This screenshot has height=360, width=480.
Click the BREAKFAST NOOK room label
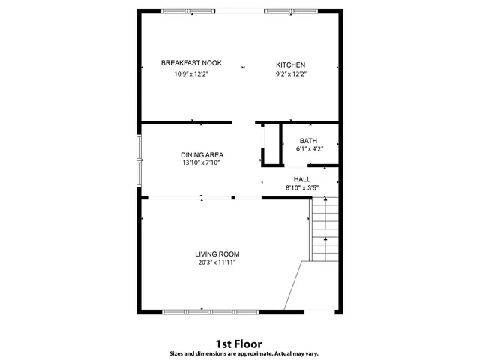tap(190, 63)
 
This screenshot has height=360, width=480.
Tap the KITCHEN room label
tap(291, 64)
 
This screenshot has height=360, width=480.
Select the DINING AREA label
tap(202, 154)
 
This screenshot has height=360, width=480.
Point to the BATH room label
tap(308, 141)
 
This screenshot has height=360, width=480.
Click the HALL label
tap(302, 179)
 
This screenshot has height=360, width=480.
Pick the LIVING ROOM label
tap(217, 254)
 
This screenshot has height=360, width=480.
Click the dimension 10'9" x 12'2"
tap(190, 74)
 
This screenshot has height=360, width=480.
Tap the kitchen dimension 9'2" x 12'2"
tap(291, 74)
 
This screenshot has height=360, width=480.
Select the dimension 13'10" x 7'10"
tap(202, 163)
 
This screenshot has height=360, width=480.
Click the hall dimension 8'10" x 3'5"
tap(302, 187)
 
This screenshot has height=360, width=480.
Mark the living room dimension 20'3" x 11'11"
tap(217, 263)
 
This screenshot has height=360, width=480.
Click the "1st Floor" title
tap(239, 343)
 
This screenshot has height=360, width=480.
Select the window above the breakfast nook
tap(187, 11)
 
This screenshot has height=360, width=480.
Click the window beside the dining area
tap(138, 160)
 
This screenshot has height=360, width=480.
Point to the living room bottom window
tap(211, 310)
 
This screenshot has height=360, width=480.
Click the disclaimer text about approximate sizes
tap(239, 353)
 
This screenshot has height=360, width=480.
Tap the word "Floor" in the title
tap(249, 343)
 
